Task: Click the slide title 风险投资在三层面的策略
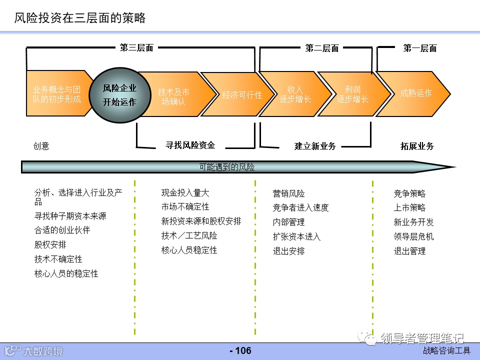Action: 80,18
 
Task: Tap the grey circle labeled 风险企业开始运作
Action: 119,95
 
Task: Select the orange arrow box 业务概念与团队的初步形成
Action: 56,94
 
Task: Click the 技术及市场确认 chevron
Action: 174,97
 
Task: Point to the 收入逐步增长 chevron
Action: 295,94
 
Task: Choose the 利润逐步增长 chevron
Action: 352,94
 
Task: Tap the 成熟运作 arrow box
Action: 415,93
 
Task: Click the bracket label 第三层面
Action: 136,48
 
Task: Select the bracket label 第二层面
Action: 322,48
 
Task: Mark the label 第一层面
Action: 420,48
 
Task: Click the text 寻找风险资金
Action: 190,145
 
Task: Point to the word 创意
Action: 41,146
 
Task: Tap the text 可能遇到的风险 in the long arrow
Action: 227,167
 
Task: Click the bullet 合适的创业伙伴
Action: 62,230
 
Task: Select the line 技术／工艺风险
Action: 189,235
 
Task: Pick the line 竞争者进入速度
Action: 300,207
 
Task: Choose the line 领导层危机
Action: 413,236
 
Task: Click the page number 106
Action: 240,350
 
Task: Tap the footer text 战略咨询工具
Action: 446,350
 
